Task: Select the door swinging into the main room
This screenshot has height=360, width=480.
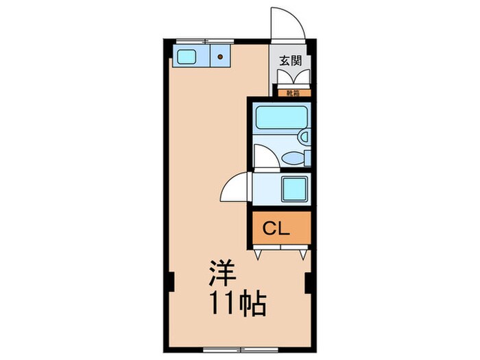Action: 235,187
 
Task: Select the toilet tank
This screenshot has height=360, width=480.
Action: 308,158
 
